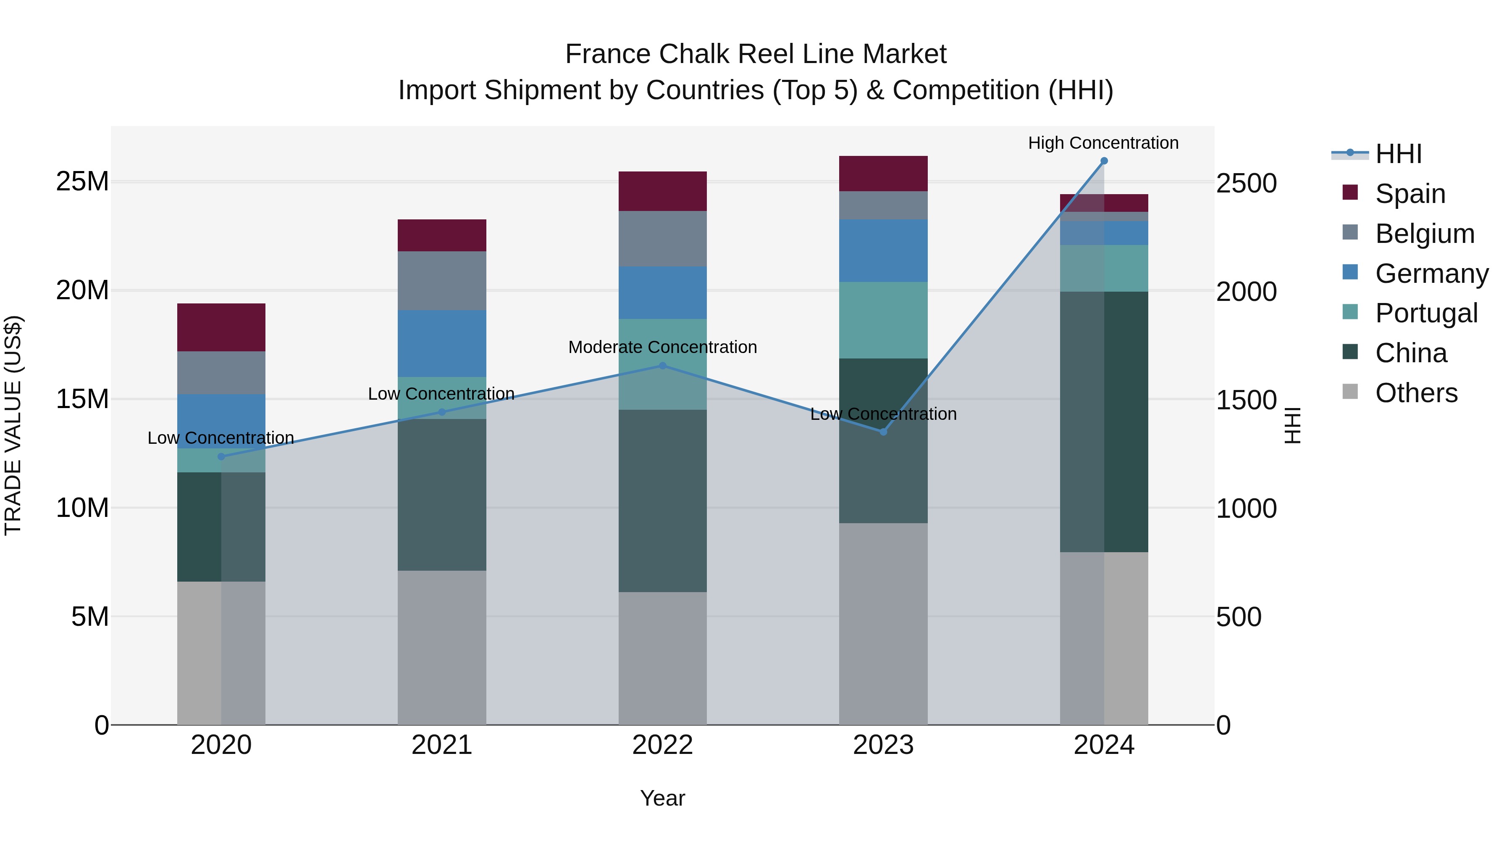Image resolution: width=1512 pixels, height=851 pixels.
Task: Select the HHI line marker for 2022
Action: click(x=663, y=366)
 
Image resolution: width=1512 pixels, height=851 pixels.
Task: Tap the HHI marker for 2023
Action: click(x=883, y=432)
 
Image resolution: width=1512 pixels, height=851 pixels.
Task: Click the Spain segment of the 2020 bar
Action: click(x=221, y=327)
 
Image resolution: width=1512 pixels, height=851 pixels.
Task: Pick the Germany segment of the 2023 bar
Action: click(x=883, y=251)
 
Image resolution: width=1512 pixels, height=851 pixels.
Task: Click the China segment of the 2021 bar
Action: click(x=442, y=495)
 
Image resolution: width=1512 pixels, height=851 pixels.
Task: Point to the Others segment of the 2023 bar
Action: click(x=883, y=624)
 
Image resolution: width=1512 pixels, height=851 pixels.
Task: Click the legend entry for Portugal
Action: click(x=1426, y=313)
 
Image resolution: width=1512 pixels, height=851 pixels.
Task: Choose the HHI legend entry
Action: click(x=1398, y=154)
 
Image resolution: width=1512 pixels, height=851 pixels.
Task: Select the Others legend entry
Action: click(x=1416, y=393)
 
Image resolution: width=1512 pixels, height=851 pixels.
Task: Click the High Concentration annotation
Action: click(x=1103, y=143)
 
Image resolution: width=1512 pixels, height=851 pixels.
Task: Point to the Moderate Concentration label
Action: click(x=663, y=347)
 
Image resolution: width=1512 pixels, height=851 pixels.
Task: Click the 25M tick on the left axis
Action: click(x=82, y=182)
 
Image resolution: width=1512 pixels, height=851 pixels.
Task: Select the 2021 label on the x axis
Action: click(x=442, y=745)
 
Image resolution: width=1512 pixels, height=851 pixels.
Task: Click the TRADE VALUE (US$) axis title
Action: click(x=13, y=425)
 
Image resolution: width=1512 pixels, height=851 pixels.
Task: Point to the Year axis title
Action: click(x=663, y=798)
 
